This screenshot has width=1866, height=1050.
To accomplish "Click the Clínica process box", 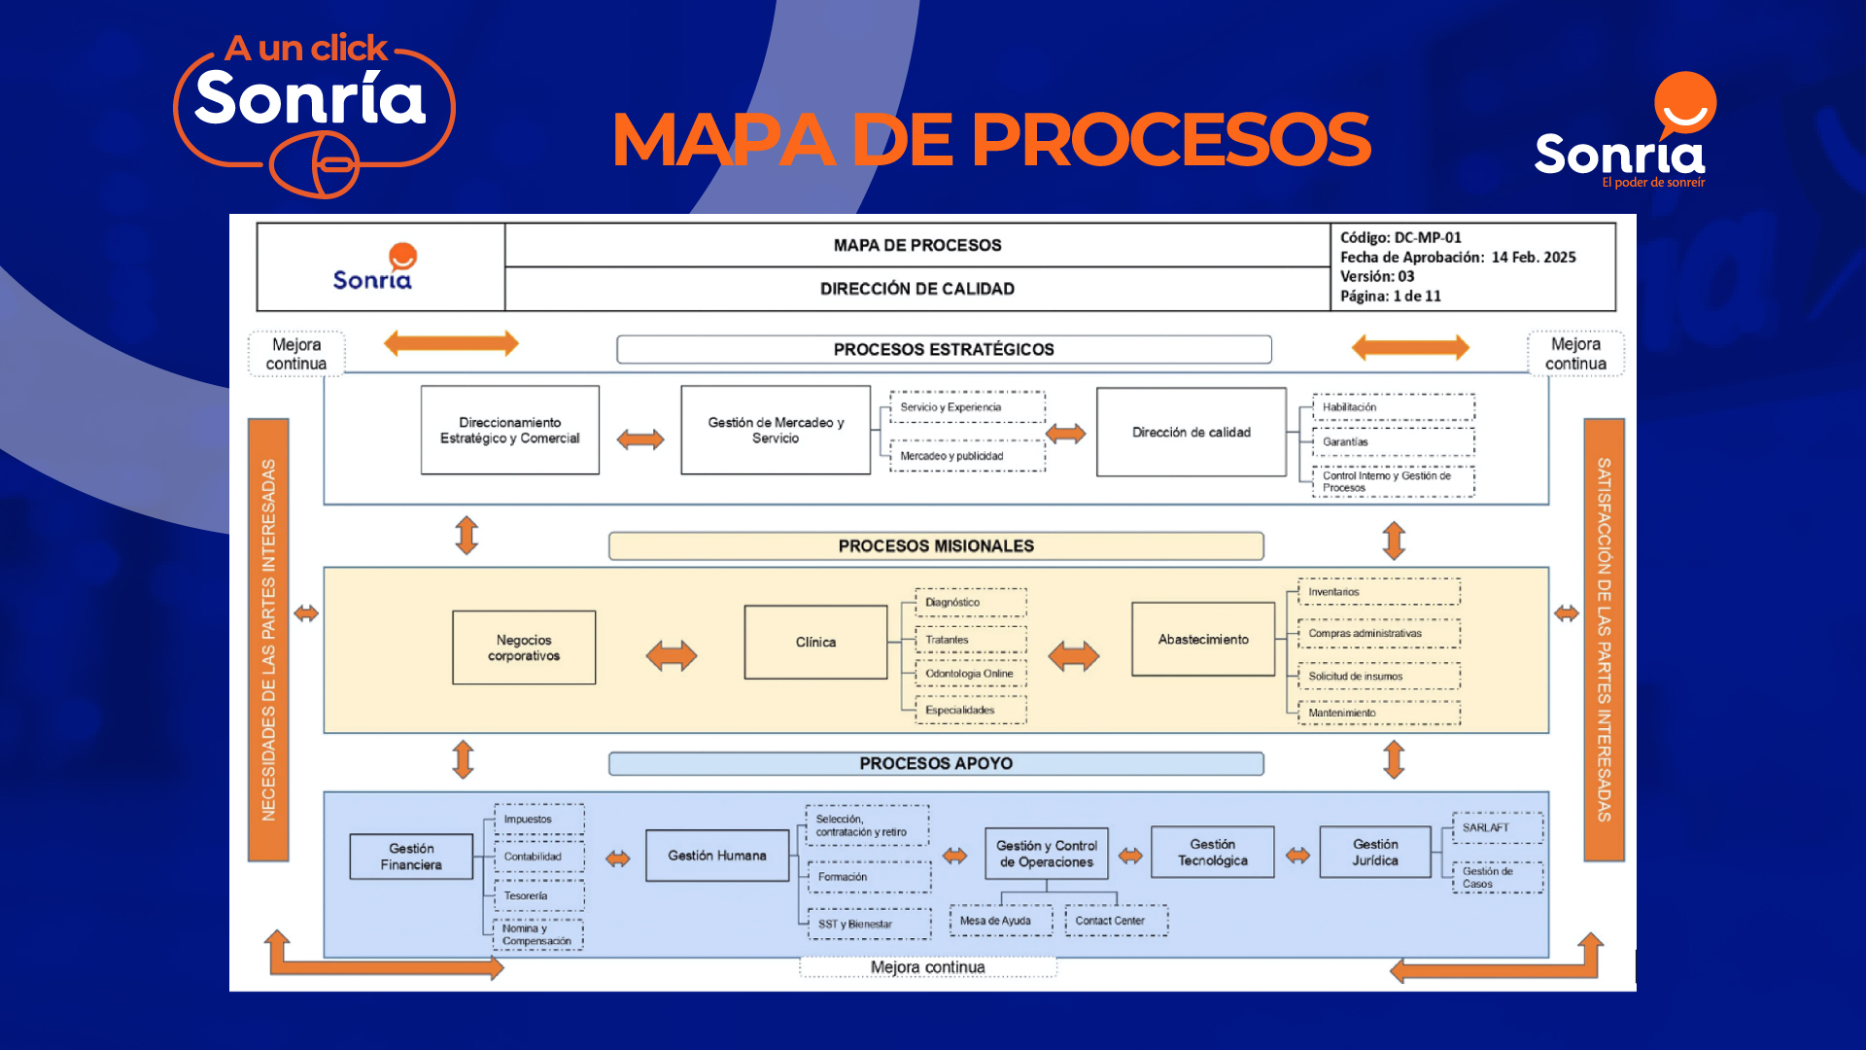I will pos(815,643).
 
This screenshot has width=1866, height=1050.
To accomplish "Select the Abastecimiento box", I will pos(1203,640).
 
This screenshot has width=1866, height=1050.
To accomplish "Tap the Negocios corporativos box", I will pos(524,648).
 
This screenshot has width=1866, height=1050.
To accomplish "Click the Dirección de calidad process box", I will pos(1192,433).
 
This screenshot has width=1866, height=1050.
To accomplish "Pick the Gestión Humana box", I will pos(717,856).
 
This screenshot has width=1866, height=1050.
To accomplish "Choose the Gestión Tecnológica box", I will pos(1212,853).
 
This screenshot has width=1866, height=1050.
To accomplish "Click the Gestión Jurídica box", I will pos(1375,853).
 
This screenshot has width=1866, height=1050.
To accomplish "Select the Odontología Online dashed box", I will pos(970,674).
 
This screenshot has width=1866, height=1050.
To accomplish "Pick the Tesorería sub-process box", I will pos(539,895).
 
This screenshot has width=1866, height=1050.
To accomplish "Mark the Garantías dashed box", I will pos(1393,442).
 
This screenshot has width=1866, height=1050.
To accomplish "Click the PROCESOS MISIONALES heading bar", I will pos(936,546).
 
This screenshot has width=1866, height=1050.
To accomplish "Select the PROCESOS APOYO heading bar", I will pos(936,764).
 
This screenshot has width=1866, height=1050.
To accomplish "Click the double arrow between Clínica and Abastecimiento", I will pos(1074,656).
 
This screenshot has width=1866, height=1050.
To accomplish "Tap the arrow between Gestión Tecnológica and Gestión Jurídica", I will pos(1297,856).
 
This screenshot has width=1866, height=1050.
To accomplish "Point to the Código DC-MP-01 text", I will pos(1400,238).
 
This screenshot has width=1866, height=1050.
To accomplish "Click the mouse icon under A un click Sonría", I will pos(315,164).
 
